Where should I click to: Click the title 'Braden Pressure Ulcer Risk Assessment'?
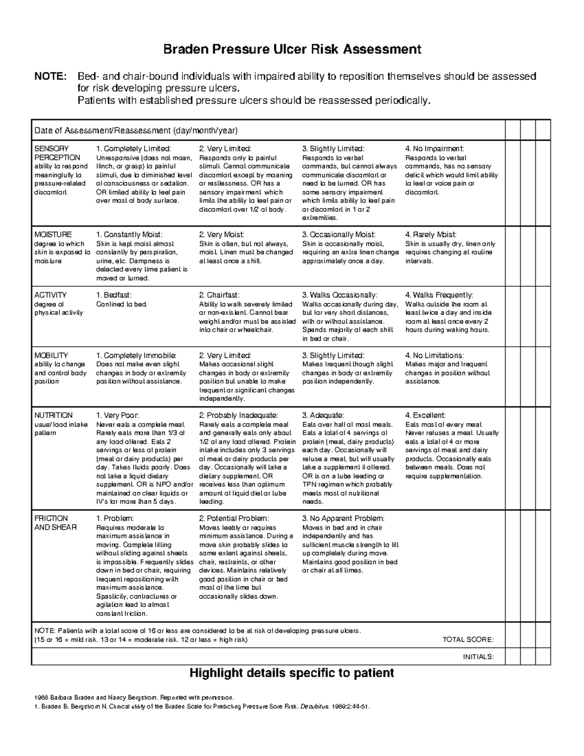click(292, 49)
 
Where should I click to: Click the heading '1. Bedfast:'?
click(114, 295)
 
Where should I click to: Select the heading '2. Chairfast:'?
click(219, 295)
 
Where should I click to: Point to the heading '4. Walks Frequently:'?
click(438, 295)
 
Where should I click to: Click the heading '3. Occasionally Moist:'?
click(339, 235)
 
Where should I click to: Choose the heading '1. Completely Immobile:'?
click(137, 355)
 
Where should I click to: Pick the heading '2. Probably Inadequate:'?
click(238, 415)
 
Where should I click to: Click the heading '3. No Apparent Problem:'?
click(343, 518)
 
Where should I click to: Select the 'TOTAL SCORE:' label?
click(468, 640)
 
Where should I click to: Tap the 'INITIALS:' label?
click(478, 657)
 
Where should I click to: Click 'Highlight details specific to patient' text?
click(291, 673)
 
